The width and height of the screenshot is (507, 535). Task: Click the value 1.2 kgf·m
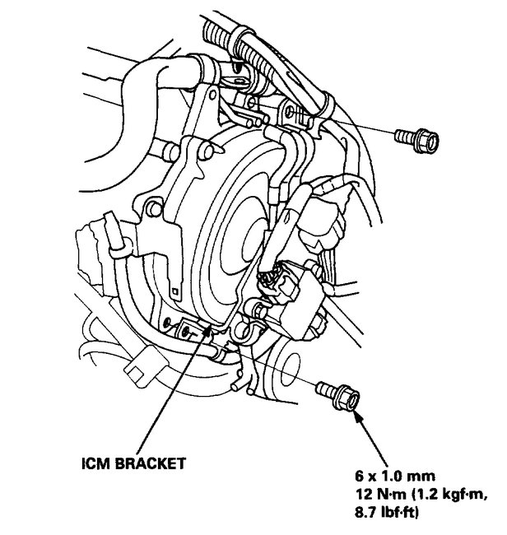click(x=445, y=493)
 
